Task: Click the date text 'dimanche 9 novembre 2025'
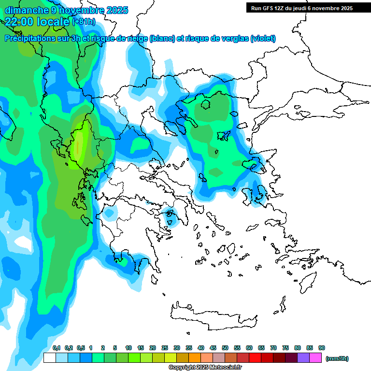click(66, 10)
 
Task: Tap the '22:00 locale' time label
click(38, 21)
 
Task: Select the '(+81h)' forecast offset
click(84, 22)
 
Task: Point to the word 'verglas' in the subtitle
click(233, 39)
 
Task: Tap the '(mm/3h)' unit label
click(337, 358)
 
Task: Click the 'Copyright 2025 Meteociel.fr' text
click(205, 368)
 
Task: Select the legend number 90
click(322, 348)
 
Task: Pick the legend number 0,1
click(57, 348)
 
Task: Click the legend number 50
click(225, 348)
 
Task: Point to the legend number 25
click(165, 348)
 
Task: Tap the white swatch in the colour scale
click(49, 358)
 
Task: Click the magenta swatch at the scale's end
click(315, 358)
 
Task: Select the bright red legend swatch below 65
click(255, 358)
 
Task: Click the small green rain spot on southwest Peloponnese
click(121, 262)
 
